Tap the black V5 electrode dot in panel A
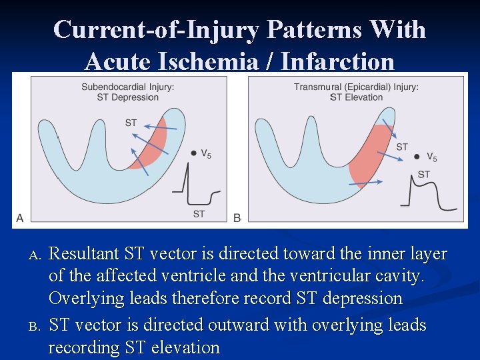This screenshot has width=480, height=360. (193, 153)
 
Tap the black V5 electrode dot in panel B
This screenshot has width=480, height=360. (417, 157)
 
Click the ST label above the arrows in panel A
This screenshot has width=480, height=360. (131, 123)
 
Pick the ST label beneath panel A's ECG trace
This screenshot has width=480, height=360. (199, 213)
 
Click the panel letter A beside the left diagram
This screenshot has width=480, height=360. (19, 217)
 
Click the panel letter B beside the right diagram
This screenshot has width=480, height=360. (237, 217)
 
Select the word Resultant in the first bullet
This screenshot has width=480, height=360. (84, 254)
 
